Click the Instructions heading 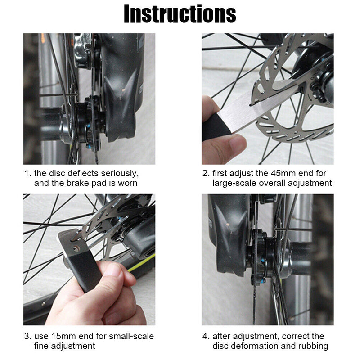[180, 14]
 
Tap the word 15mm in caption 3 [61, 336]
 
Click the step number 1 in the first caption [27, 173]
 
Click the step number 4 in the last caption [205, 336]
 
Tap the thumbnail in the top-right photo [237, 143]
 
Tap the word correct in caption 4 [299, 336]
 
